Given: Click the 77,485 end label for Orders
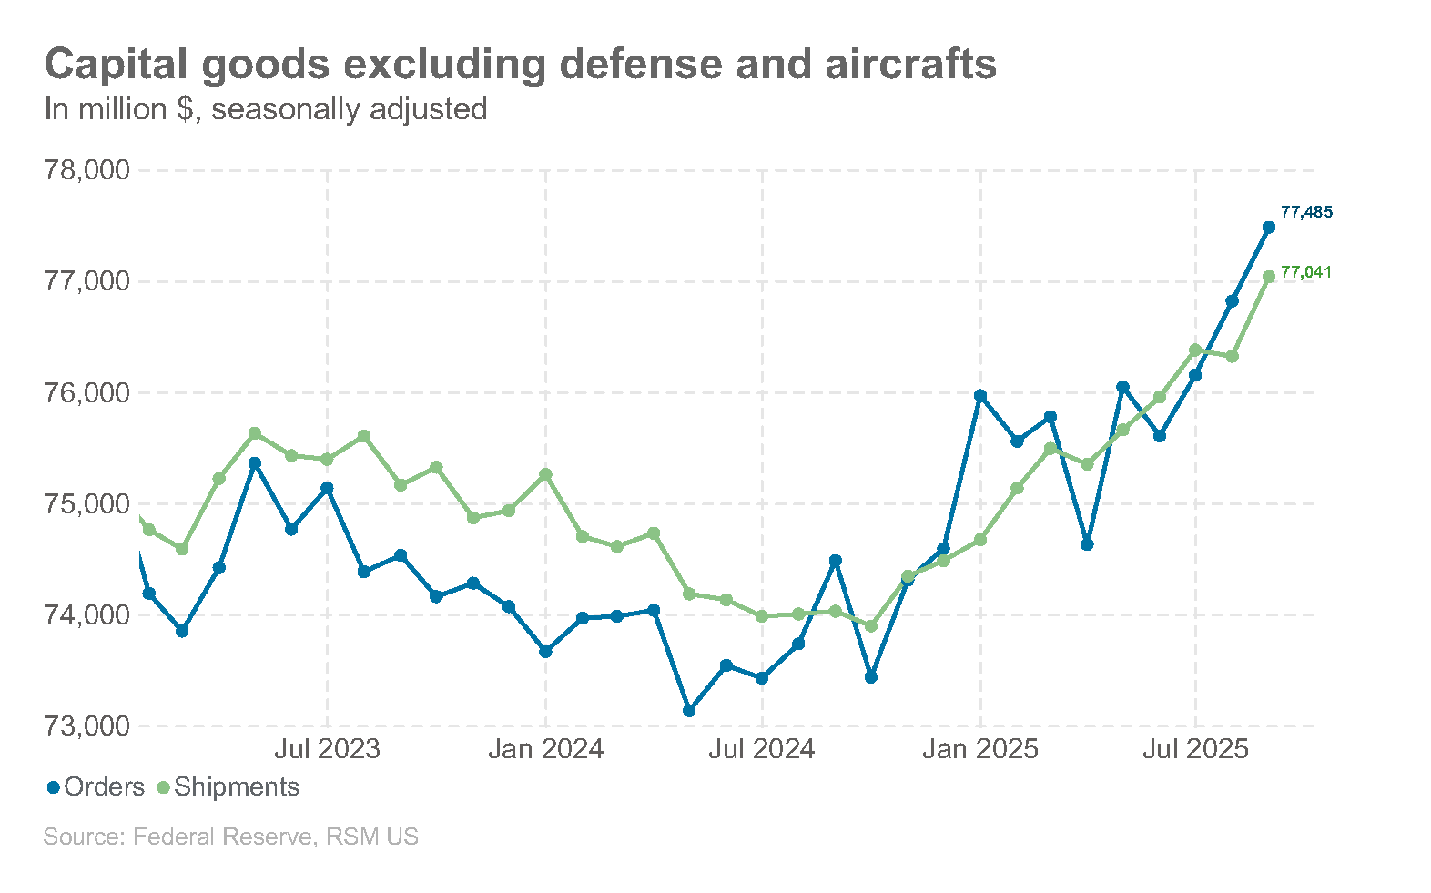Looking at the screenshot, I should click(x=1305, y=212).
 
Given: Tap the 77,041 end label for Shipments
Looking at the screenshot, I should click(x=1305, y=272).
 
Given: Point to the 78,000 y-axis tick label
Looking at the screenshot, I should click(x=87, y=170).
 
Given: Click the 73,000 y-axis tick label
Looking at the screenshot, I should click(x=87, y=726).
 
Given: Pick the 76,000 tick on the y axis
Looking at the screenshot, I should click(x=87, y=393).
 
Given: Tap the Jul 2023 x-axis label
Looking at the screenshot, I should click(x=327, y=749).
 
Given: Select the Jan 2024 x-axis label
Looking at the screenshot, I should click(x=545, y=749).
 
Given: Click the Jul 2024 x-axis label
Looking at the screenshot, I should click(x=762, y=749).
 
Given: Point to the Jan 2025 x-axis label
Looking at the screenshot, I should click(x=980, y=749).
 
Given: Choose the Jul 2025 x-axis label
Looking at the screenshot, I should click(x=1195, y=749).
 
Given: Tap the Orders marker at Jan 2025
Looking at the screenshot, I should click(x=980, y=396).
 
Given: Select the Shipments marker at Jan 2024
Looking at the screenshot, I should click(x=545, y=475).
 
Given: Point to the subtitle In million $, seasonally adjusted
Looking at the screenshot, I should click(x=266, y=109).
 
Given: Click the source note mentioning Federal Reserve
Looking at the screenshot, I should click(x=230, y=837).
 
